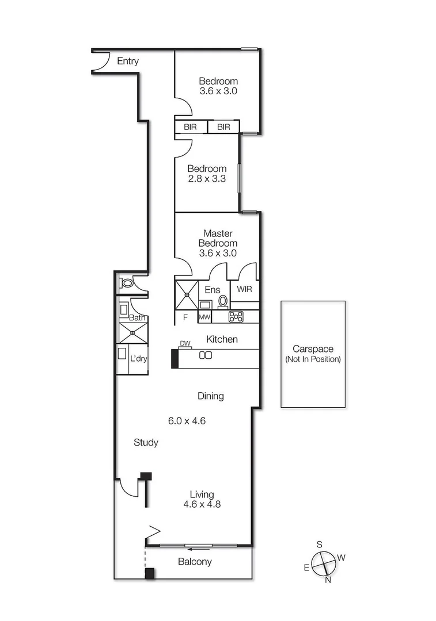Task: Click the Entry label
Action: (128, 61)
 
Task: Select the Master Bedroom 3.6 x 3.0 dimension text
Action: (218, 252)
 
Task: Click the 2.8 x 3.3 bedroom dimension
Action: (207, 179)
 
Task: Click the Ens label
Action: (212, 289)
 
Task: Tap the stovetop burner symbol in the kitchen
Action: (236, 316)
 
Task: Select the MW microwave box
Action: (204, 317)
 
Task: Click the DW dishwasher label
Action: (185, 344)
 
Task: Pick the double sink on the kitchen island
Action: (206, 355)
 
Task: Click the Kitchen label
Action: (222, 339)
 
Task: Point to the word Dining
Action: (210, 396)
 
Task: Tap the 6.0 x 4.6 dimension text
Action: (187, 420)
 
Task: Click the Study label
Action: (146, 442)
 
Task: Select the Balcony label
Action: (195, 562)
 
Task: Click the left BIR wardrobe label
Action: (191, 127)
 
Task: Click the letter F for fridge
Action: (185, 317)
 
